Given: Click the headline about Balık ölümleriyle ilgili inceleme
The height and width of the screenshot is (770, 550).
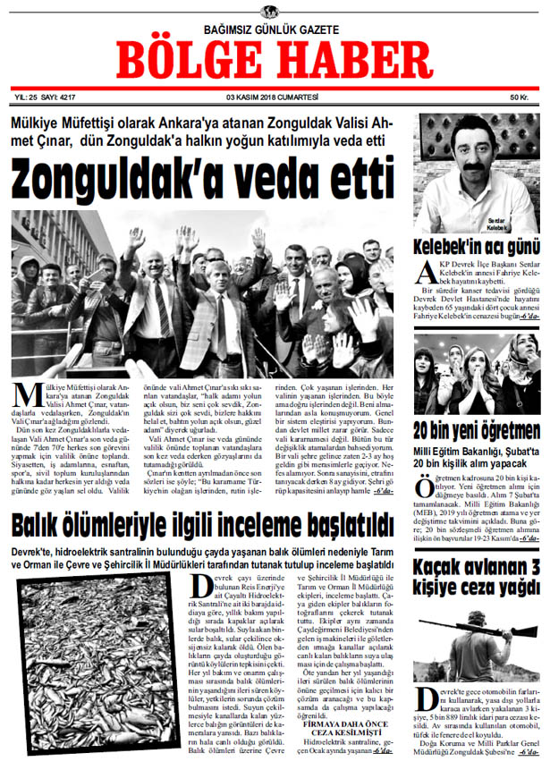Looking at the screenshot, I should click(x=203, y=521).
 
